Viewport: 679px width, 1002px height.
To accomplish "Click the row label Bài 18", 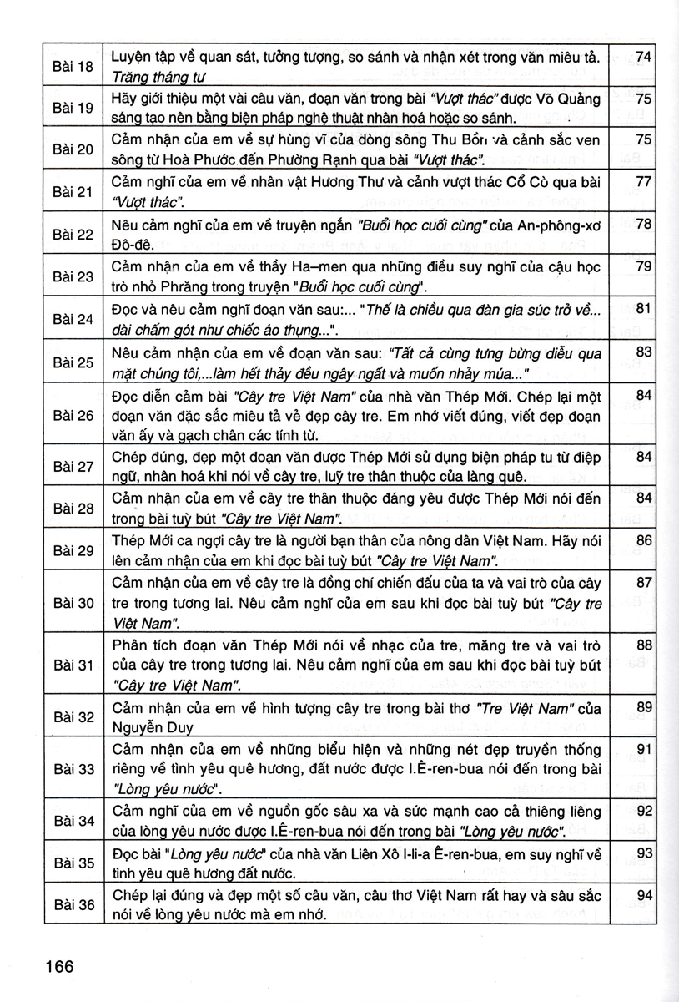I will click(x=73, y=66).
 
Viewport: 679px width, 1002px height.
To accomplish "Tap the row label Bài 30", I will click(x=73, y=602).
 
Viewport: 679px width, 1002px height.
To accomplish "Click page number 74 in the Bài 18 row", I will click(x=642, y=57).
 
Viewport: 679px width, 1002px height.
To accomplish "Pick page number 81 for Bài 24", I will click(x=642, y=309).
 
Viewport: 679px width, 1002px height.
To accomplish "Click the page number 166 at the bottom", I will click(x=60, y=967).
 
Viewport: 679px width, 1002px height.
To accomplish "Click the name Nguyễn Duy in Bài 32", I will click(x=148, y=726).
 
